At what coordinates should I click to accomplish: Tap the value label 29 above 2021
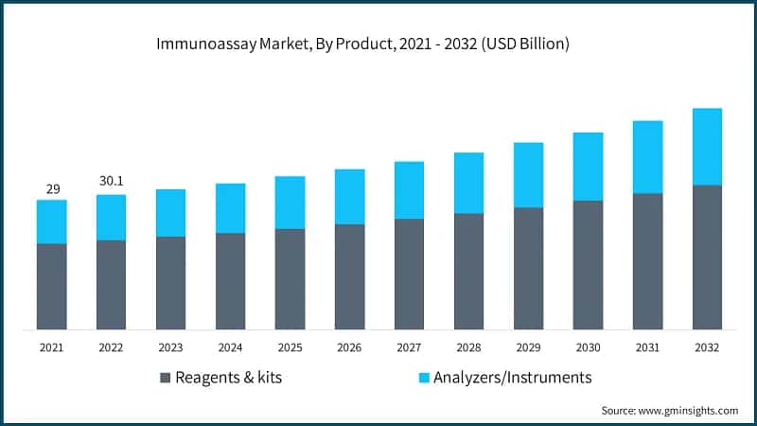(51, 189)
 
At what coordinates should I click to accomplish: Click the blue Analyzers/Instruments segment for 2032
(707, 147)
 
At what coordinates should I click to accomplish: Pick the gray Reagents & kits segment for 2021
(51, 286)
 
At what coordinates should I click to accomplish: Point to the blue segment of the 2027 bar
(409, 190)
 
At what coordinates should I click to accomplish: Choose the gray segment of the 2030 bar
(588, 264)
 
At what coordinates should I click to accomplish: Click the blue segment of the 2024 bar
(230, 208)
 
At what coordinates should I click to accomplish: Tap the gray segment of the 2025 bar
(290, 278)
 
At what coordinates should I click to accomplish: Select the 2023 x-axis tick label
(170, 347)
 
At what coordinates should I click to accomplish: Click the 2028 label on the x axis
(468, 347)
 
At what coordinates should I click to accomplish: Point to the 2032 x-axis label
(707, 347)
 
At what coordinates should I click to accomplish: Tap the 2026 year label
(349, 347)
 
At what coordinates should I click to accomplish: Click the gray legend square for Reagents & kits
(166, 378)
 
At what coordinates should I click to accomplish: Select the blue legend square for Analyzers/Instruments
(425, 378)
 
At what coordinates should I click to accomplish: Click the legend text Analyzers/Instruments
(512, 378)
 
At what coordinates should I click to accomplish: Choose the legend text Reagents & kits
(228, 378)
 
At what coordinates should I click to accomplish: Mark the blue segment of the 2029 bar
(528, 175)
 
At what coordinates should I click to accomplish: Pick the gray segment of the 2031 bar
(647, 261)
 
